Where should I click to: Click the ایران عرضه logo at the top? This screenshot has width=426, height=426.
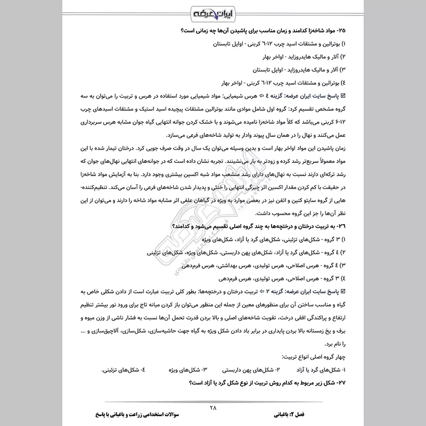click(x=213, y=13)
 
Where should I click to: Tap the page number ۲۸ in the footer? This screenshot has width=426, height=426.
click(x=214, y=408)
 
